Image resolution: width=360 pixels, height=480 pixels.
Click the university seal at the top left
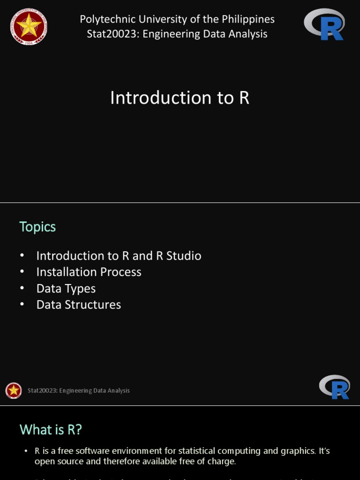pyautogui.click(x=29, y=26)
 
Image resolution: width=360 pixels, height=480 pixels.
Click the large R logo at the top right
pyautogui.click(x=325, y=24)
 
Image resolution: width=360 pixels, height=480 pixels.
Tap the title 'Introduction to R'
pyautogui.click(x=180, y=98)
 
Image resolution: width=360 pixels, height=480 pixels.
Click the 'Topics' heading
pyautogui.click(x=37, y=227)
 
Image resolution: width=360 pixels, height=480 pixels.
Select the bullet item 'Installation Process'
pyautogui.click(x=89, y=272)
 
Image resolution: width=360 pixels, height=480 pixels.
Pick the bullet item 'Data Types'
pyautogui.click(x=66, y=288)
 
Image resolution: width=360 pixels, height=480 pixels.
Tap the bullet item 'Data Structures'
pyautogui.click(x=79, y=305)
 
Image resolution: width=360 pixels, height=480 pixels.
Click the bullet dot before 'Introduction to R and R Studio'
pyautogui.click(x=22, y=255)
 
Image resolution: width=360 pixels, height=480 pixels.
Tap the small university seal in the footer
pyautogui.click(x=14, y=390)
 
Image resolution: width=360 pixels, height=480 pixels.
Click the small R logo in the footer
pyautogui.click(x=335, y=387)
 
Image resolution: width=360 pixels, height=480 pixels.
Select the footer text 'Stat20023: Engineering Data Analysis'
pyautogui.click(x=79, y=390)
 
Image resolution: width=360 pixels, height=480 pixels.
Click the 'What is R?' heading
pyautogui.click(x=51, y=429)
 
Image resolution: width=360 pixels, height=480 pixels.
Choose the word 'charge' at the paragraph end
pyautogui.click(x=222, y=461)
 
